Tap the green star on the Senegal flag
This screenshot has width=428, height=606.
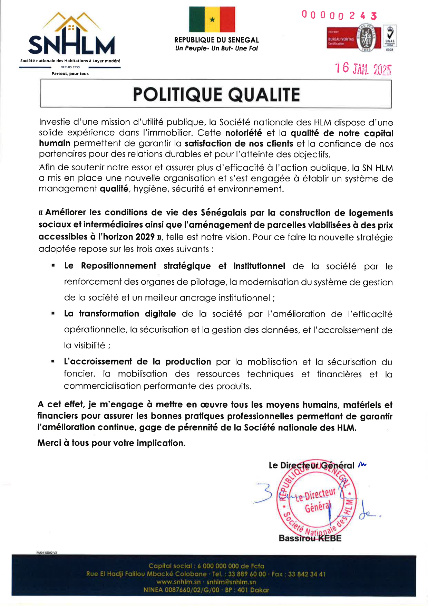212,20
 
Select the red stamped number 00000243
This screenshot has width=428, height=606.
339,16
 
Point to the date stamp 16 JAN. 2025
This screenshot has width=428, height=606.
363,69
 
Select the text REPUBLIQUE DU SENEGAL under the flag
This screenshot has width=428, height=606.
216,40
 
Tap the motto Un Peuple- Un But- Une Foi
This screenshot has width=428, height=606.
216,48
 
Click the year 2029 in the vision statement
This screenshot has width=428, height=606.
145,237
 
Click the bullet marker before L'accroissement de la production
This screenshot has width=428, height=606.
53,361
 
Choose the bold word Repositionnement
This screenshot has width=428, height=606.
119,266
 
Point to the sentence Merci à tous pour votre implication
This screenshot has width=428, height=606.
111,443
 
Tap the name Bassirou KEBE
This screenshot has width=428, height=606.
310,538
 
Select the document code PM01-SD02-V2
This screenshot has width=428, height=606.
47,552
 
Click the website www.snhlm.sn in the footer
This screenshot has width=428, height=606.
178,582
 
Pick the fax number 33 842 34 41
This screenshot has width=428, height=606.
307,574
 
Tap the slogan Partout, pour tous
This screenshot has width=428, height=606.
70,74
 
